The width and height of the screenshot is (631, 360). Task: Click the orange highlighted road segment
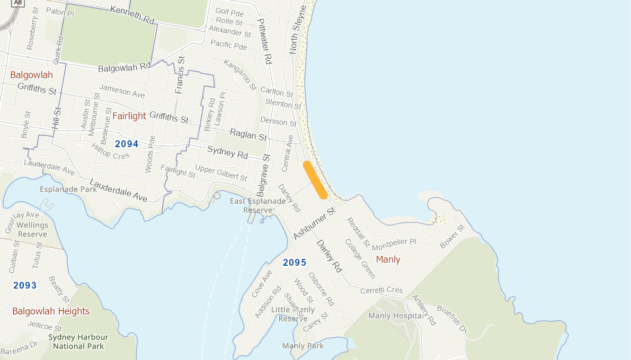tap(315, 180)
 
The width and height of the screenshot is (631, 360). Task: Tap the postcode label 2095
tap(295, 262)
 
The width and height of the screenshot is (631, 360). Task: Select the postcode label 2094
tap(127, 144)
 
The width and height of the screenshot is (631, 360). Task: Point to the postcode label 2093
tap(25, 285)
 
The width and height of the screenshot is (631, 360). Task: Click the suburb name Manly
tap(388, 259)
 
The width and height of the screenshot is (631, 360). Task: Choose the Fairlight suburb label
tap(129, 116)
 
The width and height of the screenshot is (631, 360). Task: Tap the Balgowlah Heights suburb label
tap(51, 311)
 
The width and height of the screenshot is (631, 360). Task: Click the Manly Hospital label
tap(395, 316)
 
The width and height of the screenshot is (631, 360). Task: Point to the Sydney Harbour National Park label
tap(78, 341)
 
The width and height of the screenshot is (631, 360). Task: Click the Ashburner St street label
tap(315, 223)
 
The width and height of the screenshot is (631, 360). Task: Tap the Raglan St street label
tap(248, 134)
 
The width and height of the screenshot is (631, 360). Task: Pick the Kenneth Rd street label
tap(132, 15)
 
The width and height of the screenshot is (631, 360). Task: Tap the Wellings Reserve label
tap(32, 230)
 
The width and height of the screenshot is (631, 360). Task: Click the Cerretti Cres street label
tap(381, 291)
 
